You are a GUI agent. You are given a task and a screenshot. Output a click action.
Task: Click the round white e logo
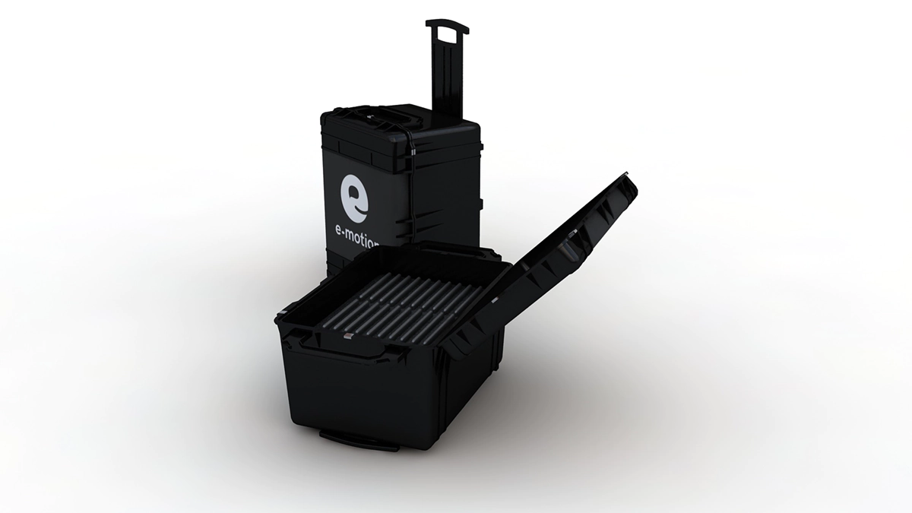point(355,199)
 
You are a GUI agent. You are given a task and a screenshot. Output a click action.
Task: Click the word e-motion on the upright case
point(356,242)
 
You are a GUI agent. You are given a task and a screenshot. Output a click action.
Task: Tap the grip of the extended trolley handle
point(447,26)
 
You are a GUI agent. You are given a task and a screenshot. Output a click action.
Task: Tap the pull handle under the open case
point(358,441)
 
